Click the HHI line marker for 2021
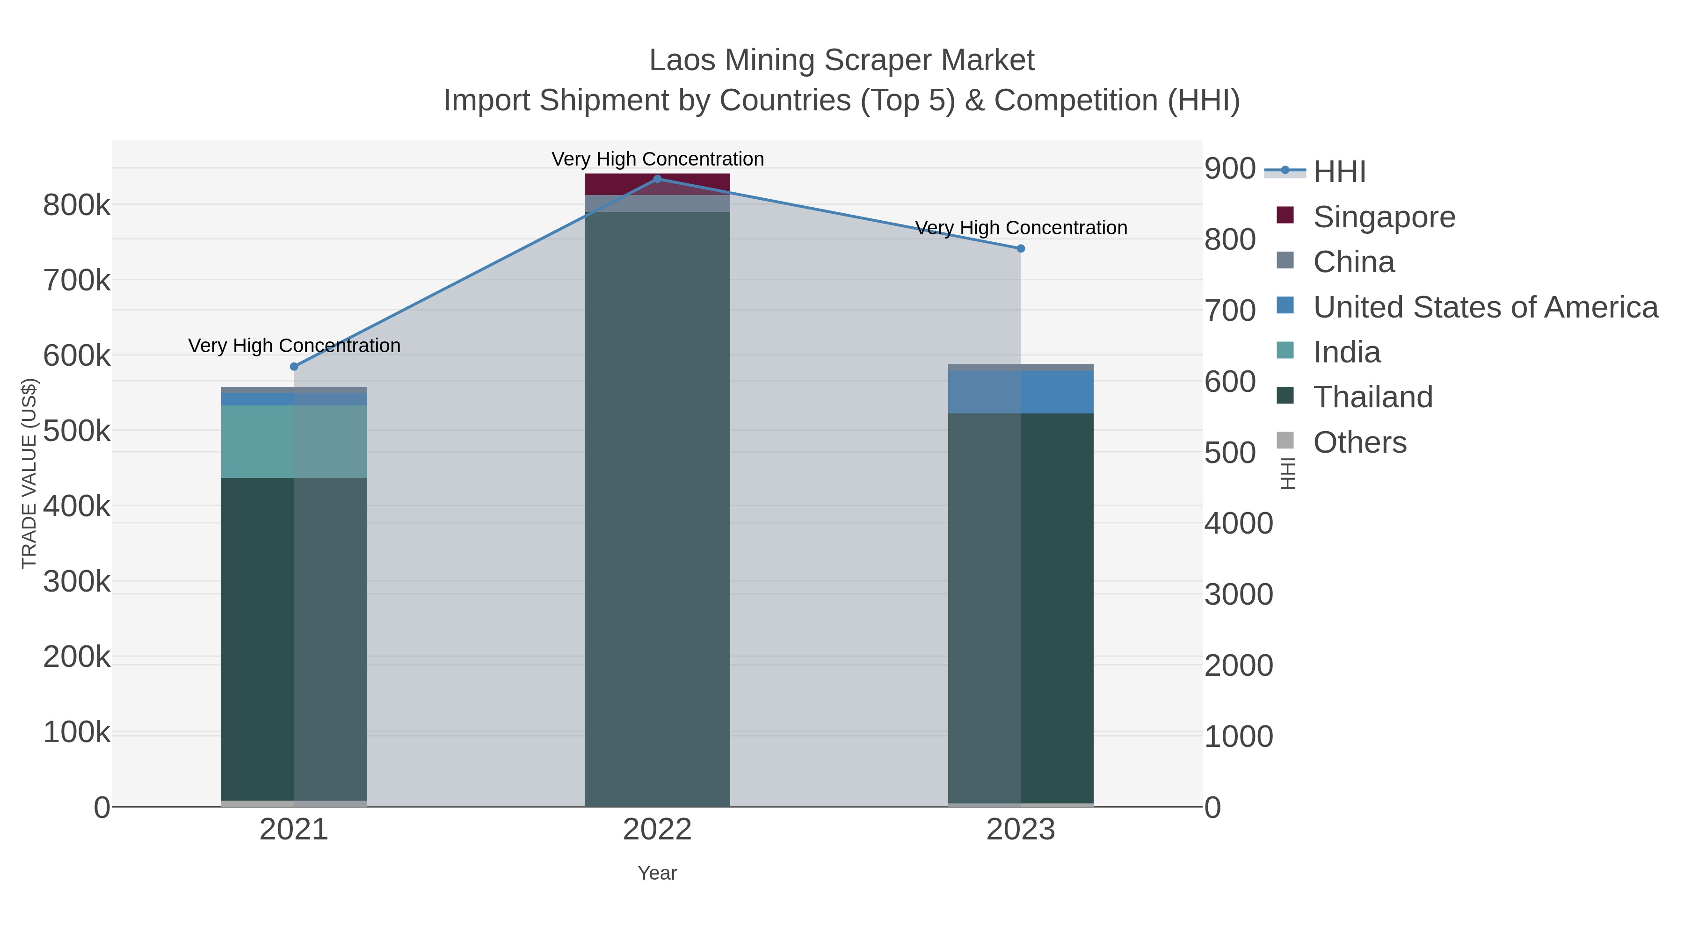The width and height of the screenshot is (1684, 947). coord(294,367)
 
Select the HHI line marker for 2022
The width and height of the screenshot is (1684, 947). coord(657,179)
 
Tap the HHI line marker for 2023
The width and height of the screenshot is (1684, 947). coord(1021,248)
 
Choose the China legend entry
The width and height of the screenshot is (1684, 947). coord(1353,262)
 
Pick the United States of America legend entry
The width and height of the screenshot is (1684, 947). coord(1485,307)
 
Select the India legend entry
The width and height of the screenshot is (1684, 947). coord(1347,352)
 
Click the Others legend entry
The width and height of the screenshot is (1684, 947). coord(1360,442)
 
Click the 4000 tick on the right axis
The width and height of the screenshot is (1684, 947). coord(1238,523)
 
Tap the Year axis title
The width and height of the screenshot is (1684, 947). coord(657,873)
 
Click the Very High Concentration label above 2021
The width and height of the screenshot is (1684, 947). coord(294,345)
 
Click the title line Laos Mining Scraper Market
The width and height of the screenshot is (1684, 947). coord(842,60)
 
